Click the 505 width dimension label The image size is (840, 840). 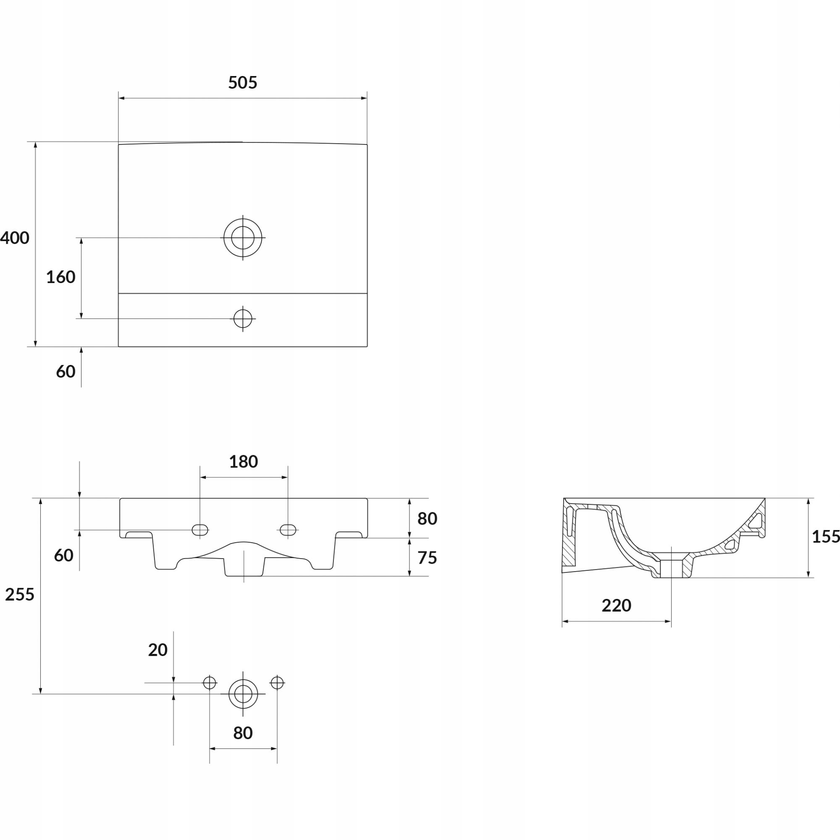point(243,83)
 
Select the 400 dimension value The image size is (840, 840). point(14,238)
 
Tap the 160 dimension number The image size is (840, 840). point(61,277)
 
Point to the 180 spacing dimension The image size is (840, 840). point(244,462)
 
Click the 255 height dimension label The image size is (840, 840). point(20,594)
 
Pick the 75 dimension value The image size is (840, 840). point(427,558)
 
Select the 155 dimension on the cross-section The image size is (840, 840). point(826,537)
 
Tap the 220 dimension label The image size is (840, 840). point(617,605)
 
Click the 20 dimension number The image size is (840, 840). point(158,650)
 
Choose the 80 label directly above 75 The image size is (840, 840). point(427,519)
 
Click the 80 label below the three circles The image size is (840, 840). point(243,733)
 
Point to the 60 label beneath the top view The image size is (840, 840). point(66,372)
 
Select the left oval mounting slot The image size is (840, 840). point(200,530)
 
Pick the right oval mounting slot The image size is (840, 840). point(288,530)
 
